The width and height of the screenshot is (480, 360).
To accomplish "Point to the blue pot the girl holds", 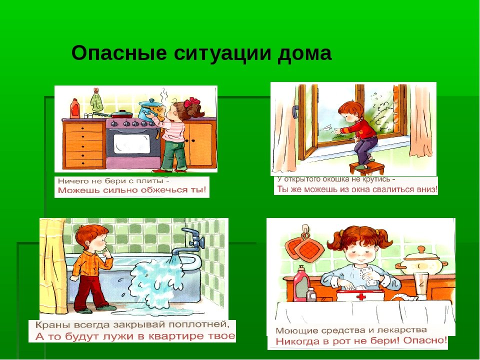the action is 149,109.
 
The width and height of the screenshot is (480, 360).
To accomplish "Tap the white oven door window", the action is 132,143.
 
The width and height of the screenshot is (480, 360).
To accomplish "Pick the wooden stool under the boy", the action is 367,169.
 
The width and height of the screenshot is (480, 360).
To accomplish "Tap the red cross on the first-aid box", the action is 361,296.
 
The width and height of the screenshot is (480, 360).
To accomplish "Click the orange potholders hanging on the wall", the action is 304,246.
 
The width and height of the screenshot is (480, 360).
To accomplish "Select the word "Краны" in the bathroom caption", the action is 50,325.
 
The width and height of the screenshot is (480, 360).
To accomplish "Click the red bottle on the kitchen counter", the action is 74,108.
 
